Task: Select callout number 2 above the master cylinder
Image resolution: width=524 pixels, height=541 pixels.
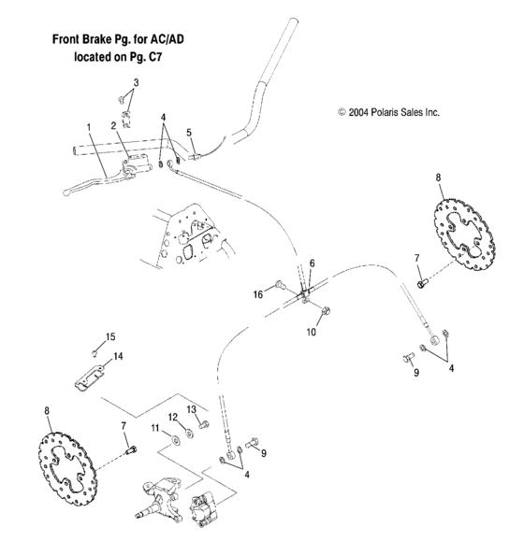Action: pos(112,125)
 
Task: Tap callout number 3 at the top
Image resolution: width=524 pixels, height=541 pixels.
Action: pos(136,83)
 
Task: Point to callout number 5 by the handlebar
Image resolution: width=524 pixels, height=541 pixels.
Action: pos(189,133)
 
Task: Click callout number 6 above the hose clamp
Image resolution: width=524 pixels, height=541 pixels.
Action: pos(313,265)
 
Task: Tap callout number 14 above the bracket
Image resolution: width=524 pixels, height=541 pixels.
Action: pos(119,356)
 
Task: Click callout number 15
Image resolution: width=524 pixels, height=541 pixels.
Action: pos(109,336)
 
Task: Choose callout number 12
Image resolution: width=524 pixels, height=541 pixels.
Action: pos(172,417)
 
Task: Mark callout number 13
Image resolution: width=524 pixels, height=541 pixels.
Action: pos(191,409)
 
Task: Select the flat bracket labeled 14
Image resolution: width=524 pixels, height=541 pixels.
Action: pos(94,378)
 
